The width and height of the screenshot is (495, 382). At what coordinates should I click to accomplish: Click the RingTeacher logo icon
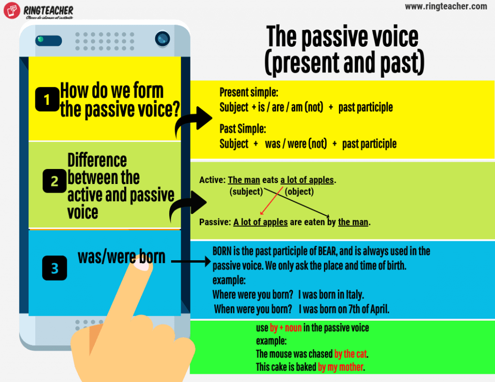coord(11,11)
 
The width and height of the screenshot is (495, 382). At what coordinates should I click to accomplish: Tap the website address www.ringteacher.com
coord(446,6)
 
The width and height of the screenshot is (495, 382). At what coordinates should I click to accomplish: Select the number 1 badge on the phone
coord(47,99)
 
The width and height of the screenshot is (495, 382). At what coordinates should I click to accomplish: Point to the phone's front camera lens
coord(162,38)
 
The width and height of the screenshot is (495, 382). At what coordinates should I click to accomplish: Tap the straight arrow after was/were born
coord(191,262)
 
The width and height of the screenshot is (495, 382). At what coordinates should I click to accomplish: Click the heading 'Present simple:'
coord(249,92)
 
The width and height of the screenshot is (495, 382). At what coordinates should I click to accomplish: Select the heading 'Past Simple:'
coord(242,129)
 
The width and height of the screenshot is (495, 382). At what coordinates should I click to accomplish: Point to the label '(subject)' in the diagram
coord(246,192)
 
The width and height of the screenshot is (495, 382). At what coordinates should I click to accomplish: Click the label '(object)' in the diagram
coord(299,192)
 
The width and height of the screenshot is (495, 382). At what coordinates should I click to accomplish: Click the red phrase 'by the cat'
coord(351,354)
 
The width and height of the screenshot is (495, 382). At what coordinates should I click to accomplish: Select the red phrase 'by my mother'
coord(340,367)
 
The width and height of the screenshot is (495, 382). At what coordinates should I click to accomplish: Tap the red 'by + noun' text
coord(286,328)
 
